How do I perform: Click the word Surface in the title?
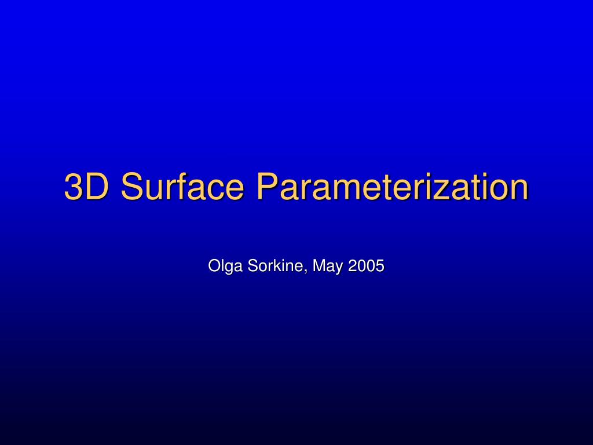(185, 187)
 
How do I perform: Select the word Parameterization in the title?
(392, 187)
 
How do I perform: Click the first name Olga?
(226, 266)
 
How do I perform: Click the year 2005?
(366, 266)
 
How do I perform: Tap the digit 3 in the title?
(74, 187)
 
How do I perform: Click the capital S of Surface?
(131, 187)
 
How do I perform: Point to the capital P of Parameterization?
(267, 187)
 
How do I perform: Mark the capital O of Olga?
(214, 266)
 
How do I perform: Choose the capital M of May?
(318, 266)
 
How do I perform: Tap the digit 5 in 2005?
(380, 266)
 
